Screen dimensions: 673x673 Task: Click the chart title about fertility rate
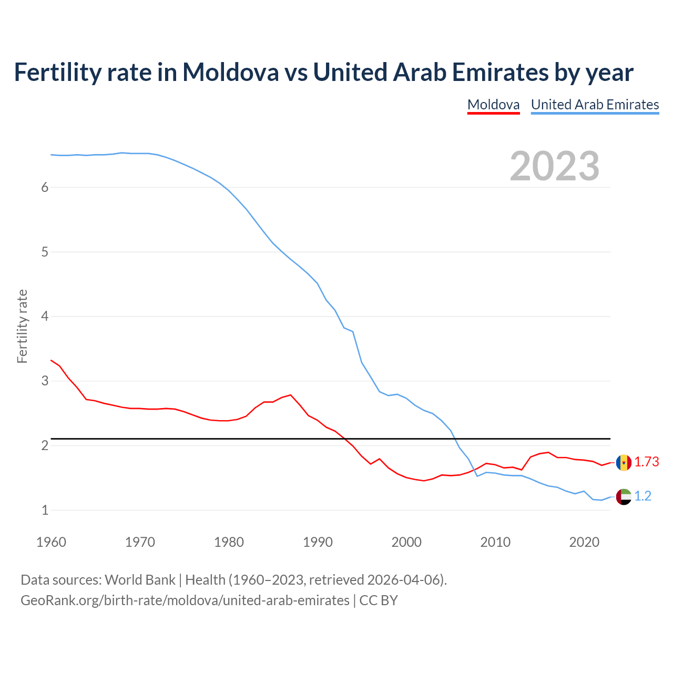pyautogui.click(x=323, y=72)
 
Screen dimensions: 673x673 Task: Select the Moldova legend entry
pyautogui.click(x=493, y=105)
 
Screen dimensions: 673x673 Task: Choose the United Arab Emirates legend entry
pyautogui.click(x=595, y=105)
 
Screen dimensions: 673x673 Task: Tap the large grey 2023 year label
pyautogui.click(x=555, y=166)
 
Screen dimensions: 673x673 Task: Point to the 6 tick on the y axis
pyautogui.click(x=45, y=188)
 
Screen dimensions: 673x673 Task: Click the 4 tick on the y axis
pyautogui.click(x=45, y=317)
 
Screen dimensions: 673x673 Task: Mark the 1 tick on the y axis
pyautogui.click(x=45, y=510)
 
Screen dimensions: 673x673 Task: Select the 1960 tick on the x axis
pyautogui.click(x=51, y=542)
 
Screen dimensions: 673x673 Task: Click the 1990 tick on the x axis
pyautogui.click(x=318, y=542)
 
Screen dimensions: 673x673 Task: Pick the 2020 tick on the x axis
pyautogui.click(x=584, y=542)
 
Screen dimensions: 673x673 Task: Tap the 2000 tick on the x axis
pyautogui.click(x=406, y=542)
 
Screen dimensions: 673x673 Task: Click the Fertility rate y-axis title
pyautogui.click(x=22, y=326)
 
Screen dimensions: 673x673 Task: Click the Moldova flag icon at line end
pyautogui.click(x=624, y=463)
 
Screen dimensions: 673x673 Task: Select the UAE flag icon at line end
pyautogui.click(x=624, y=496)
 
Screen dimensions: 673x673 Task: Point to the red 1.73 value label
pyautogui.click(x=647, y=462)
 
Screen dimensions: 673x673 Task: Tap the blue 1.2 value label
pyautogui.click(x=643, y=496)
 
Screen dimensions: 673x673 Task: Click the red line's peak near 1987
pyautogui.click(x=291, y=395)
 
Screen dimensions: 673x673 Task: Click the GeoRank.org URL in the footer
pyautogui.click(x=185, y=600)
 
